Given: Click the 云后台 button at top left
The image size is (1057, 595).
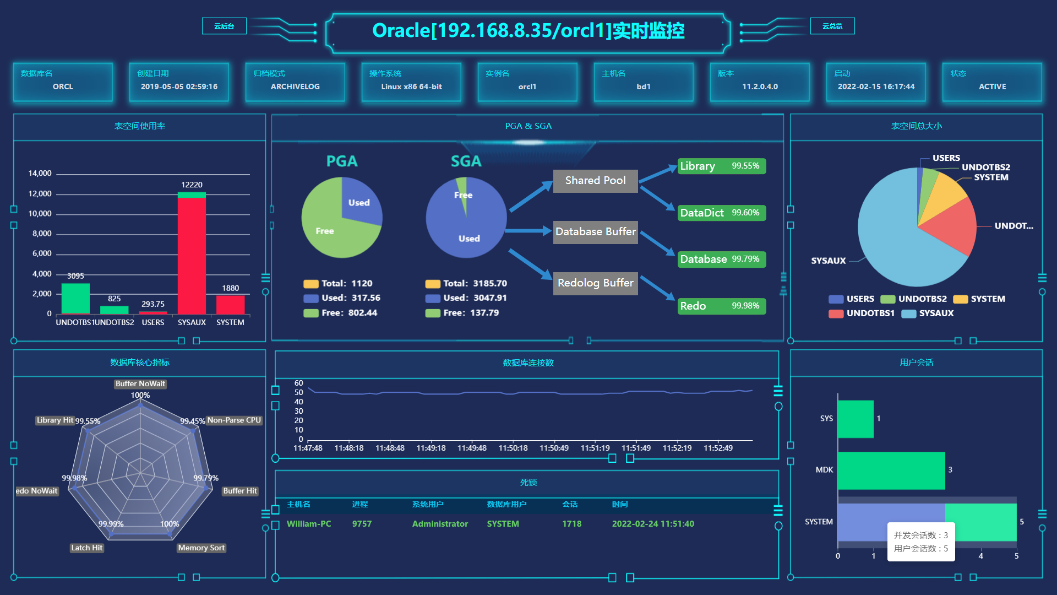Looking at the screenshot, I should pos(224,26).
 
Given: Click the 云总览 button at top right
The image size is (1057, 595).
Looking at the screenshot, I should pos(832,26).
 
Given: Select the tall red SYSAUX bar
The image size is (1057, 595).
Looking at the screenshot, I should pos(192,253).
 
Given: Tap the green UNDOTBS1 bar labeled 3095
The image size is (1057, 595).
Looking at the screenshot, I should pos(75,298).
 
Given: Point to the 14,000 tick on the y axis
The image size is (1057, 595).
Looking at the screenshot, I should pos(40,174).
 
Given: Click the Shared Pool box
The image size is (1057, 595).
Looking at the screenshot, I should pos(595,181).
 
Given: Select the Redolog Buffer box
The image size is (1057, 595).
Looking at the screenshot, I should pos(595,283).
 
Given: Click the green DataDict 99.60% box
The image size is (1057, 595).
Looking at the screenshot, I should pos(721,213).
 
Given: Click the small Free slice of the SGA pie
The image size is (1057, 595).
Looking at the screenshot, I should pos(463,191).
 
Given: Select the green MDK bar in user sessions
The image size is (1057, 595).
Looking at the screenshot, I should pos(891,470).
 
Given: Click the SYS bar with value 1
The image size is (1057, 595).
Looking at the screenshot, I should pos(855,419).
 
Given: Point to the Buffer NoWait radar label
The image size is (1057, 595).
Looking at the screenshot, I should pos(140,384).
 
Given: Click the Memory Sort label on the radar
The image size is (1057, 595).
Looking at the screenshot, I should pos(201,548).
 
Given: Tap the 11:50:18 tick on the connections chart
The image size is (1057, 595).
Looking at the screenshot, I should pos(513,448).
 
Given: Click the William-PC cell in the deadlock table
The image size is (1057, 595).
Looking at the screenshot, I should pos(309,524).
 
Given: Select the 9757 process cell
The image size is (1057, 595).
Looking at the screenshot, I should pos(362,524).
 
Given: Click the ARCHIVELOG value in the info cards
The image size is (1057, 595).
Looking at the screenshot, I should pos(295,86).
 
